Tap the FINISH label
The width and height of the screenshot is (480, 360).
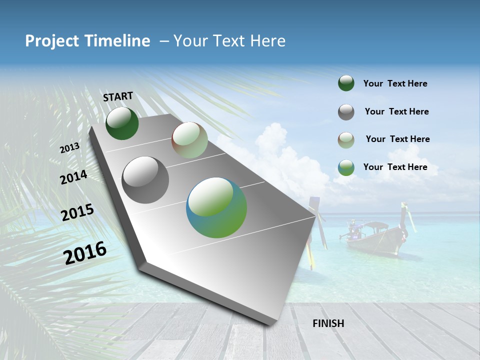coord(328,323)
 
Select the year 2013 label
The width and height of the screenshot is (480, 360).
coord(69,148)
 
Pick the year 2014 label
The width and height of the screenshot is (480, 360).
coord(73,177)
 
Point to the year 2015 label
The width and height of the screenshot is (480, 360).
coord(77,212)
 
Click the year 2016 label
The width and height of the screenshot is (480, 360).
coord(85,252)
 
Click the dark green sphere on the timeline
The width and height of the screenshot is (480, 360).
coord(122,123)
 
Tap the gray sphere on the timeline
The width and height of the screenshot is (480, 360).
coord(145,179)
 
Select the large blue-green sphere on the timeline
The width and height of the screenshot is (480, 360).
coord(216,207)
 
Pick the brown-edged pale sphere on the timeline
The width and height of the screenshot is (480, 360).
coord(189,140)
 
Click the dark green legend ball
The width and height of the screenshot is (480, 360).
coord(346,83)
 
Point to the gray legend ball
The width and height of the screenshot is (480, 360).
coord(346,112)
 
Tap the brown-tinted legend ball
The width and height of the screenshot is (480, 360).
coord(346,140)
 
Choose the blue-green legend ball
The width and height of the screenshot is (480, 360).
coord(346,167)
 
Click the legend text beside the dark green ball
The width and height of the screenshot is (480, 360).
coord(395,83)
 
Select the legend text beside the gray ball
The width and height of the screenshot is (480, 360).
coord(396,111)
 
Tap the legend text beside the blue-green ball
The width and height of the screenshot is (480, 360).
coord(395,167)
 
